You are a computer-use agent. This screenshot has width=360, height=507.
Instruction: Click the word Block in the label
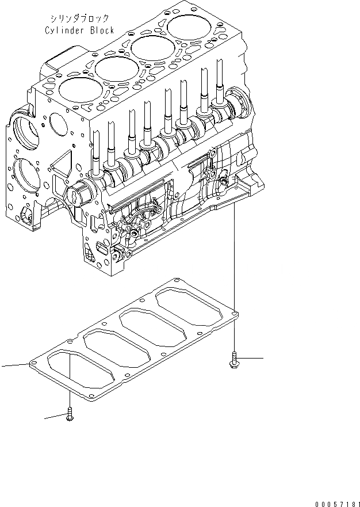(x=104, y=31)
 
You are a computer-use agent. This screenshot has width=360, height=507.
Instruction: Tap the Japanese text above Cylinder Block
(x=80, y=19)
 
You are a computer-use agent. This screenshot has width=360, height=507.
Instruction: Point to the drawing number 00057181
(x=337, y=504)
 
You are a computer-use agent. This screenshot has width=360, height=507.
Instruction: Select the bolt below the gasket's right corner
(x=233, y=360)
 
